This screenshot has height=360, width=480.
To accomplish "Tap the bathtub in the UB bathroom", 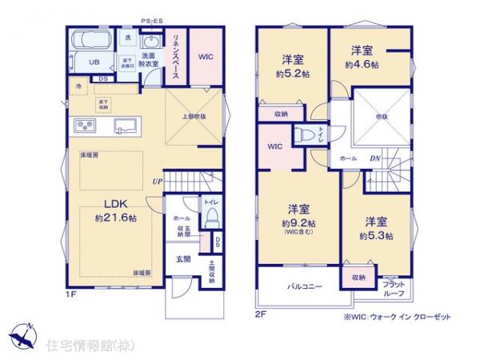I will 89,42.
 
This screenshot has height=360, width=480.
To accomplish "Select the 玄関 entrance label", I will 184,259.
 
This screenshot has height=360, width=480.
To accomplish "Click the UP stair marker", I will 160,182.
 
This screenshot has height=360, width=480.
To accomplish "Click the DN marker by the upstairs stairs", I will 374,158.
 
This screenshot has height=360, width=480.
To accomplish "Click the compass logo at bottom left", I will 24,335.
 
